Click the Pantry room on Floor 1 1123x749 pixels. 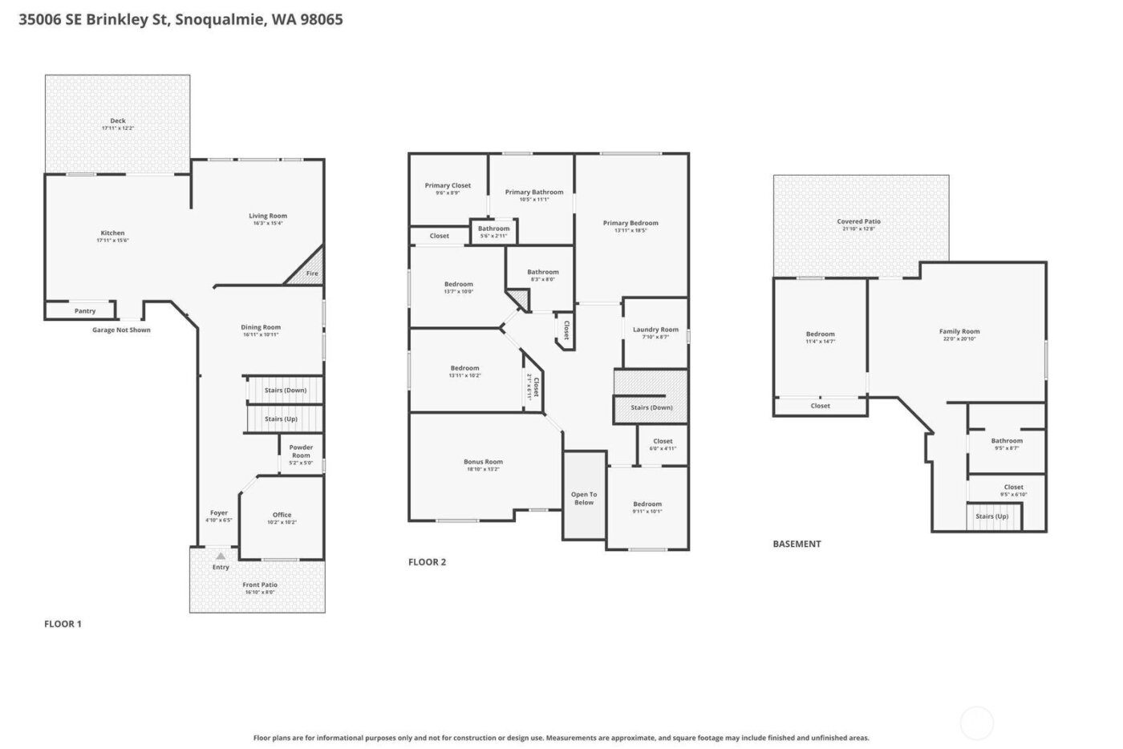pyautogui.click(x=84, y=311)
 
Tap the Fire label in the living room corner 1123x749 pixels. pyautogui.click(x=312, y=273)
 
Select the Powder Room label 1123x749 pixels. pyautogui.click(x=301, y=451)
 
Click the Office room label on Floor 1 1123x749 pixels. pyautogui.click(x=282, y=515)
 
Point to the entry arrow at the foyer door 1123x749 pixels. pyautogui.click(x=221, y=555)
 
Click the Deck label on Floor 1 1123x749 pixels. pyautogui.click(x=118, y=121)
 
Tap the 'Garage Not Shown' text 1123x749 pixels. pyautogui.click(x=121, y=330)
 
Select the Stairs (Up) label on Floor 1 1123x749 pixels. pyautogui.click(x=281, y=419)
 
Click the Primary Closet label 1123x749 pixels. pyautogui.click(x=448, y=185)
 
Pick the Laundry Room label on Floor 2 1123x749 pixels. pyautogui.click(x=655, y=330)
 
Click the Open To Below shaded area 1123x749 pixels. pyautogui.click(x=584, y=498)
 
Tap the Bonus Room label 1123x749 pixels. pyautogui.click(x=483, y=462)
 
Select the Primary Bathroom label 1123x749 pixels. pyautogui.click(x=533, y=192)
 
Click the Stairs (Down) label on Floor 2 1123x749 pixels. pyautogui.click(x=651, y=407)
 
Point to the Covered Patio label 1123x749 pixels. pyautogui.click(x=858, y=221)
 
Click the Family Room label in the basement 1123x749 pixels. pyautogui.click(x=959, y=331)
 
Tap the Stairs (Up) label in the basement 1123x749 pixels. pyautogui.click(x=991, y=516)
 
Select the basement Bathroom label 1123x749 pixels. pyautogui.click(x=1006, y=440)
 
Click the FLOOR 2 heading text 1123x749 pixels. pyautogui.click(x=427, y=562)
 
